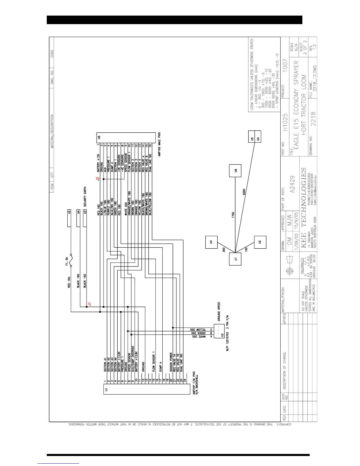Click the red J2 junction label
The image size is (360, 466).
pos(98,179)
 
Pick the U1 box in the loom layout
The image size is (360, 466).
pos(235,259)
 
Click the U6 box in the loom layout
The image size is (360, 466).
pos(235,170)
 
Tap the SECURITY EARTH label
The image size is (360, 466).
pos(85,197)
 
